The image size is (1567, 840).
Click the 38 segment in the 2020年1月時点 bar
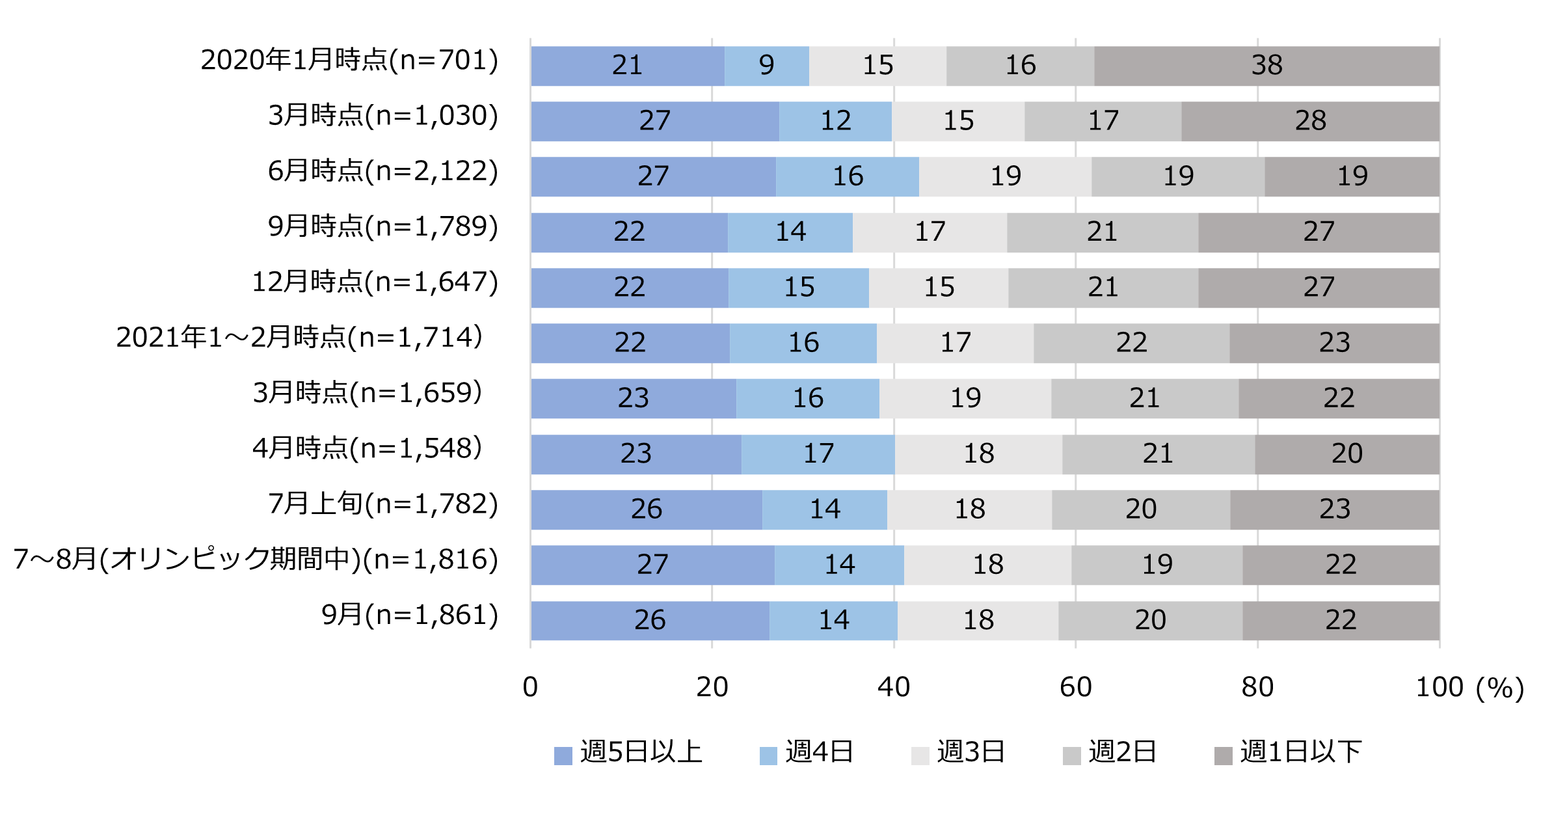1266,66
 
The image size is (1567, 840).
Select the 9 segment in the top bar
766,66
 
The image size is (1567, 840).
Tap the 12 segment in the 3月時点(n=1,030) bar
835,121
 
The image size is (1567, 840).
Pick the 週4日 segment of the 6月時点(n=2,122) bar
847,176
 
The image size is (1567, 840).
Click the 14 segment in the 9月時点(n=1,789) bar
790,232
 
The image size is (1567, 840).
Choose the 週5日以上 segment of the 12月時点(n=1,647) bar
629,288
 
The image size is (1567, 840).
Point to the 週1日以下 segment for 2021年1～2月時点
1333,343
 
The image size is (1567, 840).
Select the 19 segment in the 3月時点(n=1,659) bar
965,398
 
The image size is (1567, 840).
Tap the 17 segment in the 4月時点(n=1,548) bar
818,454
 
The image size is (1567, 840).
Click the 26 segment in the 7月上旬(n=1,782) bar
646,509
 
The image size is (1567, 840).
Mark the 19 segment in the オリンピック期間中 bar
1157,565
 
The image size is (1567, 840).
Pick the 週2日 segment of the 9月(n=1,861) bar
1149,620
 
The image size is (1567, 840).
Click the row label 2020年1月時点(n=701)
349,61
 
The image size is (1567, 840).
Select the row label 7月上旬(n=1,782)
383,504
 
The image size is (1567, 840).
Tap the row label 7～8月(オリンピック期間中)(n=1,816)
256,560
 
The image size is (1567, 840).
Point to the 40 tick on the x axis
893,688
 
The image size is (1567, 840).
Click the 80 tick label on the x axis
1257,688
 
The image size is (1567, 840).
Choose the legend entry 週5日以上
628,753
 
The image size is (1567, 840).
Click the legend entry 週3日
959,753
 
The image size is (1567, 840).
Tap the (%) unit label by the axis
1500,688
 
